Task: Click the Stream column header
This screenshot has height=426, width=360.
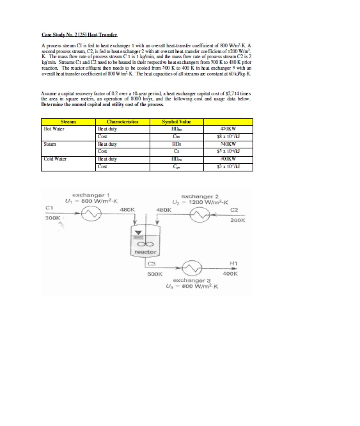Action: (x=68, y=122)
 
